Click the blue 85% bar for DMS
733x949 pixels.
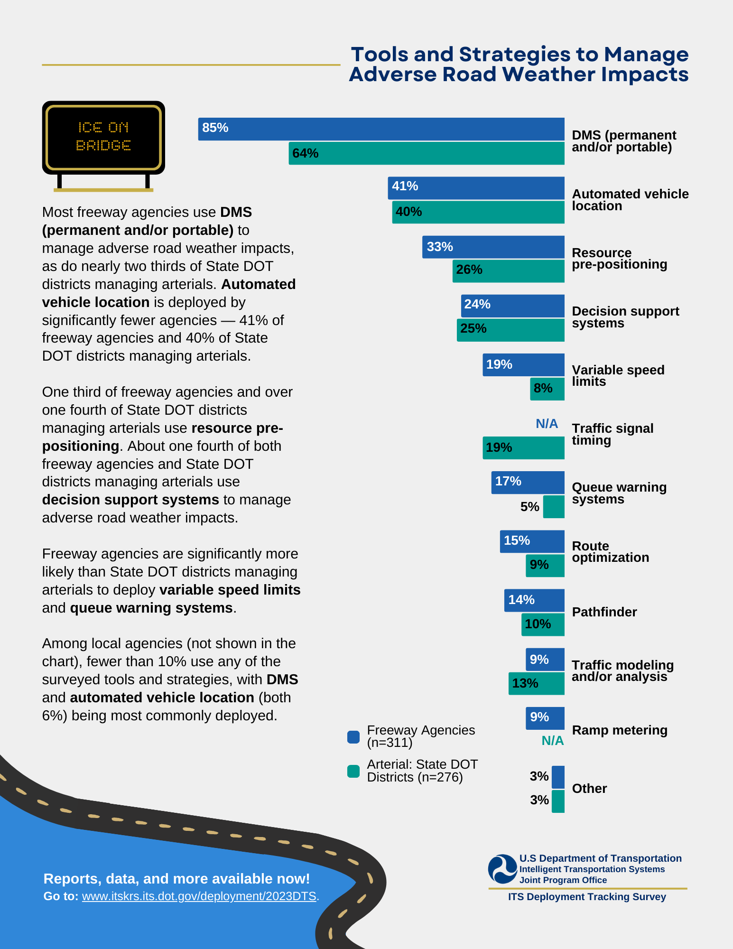click(381, 129)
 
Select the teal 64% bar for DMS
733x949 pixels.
click(426, 153)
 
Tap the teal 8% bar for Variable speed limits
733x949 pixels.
click(547, 389)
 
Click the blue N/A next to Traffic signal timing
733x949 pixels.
click(547, 424)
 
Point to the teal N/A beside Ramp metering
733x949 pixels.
click(552, 741)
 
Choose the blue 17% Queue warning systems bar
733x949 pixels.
click(528, 482)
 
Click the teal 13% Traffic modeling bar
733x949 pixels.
click(536, 683)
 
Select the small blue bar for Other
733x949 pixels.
click(558, 777)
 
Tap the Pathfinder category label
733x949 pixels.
click(604, 612)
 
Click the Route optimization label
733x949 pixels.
click(610, 552)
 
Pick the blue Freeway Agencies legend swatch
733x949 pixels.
click(353, 736)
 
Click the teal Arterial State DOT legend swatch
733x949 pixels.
click(353, 771)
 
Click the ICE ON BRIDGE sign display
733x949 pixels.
click(103, 137)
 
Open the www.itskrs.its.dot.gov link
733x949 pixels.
click(199, 896)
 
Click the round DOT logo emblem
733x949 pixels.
click(502, 869)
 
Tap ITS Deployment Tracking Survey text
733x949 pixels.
click(587, 897)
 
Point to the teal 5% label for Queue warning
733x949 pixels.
click(529, 507)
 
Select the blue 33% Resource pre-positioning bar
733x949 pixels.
click(493, 247)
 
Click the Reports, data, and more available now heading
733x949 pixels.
click(176, 879)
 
